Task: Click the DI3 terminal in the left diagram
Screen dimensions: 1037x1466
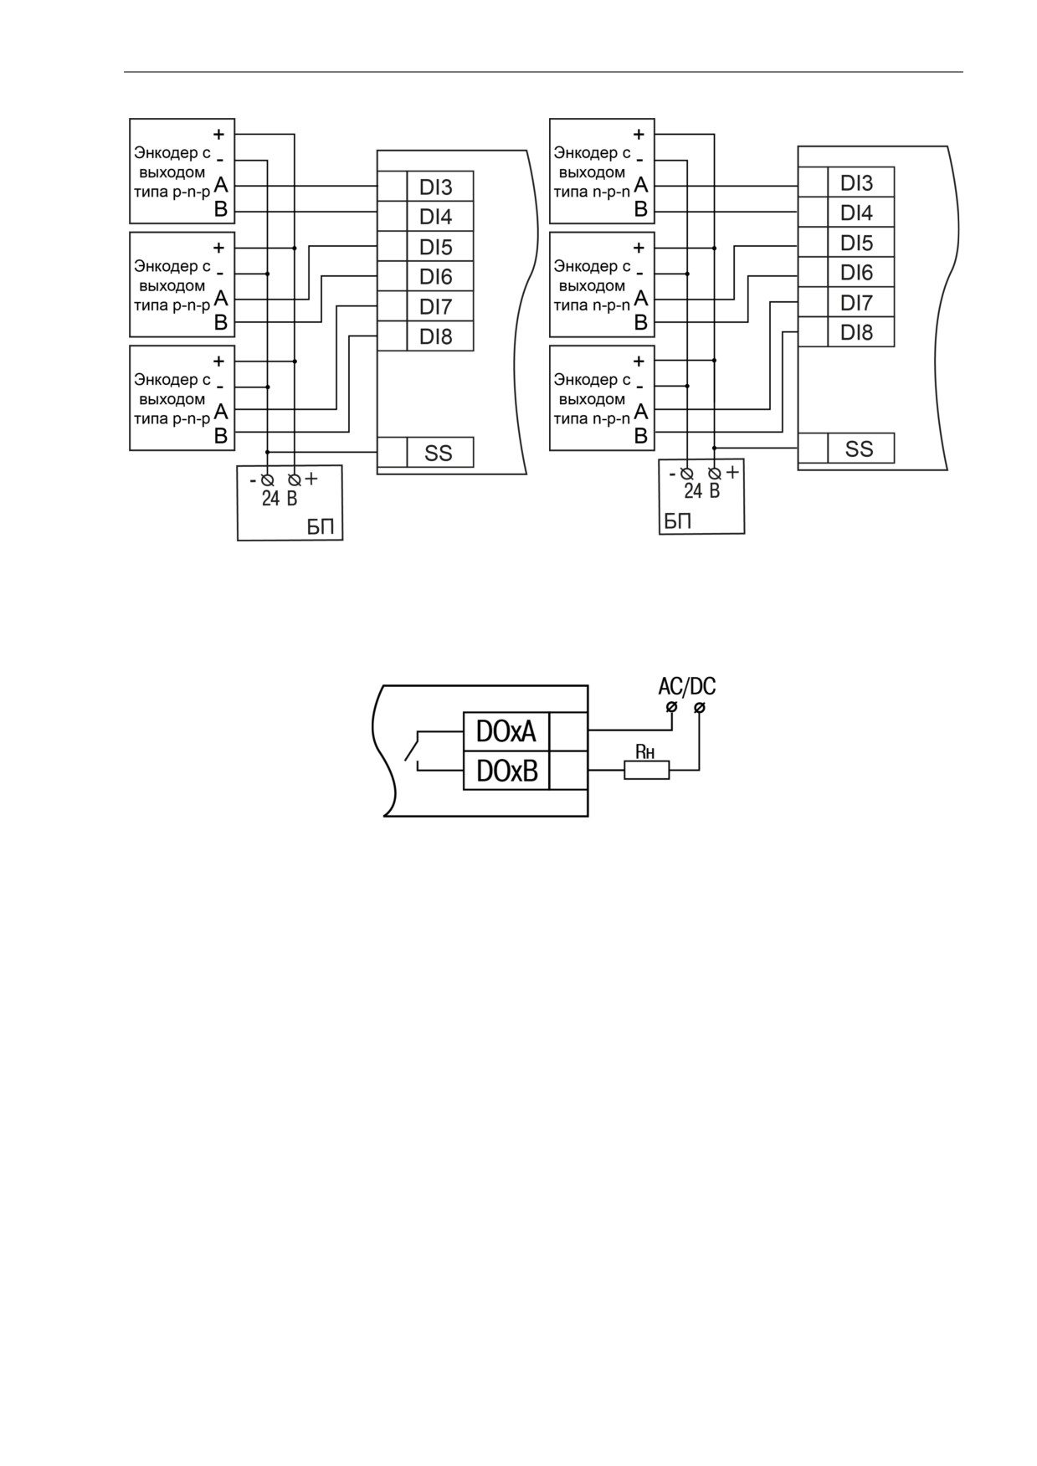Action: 440,187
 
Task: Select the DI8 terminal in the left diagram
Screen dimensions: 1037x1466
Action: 440,336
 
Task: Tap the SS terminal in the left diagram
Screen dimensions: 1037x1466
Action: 440,453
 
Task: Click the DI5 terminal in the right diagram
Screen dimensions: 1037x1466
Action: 861,243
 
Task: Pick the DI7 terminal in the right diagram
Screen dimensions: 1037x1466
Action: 861,302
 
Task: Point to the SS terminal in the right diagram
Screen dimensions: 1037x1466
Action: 861,449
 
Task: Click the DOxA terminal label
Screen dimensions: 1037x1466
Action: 506,732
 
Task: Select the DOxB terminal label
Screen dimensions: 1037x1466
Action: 506,771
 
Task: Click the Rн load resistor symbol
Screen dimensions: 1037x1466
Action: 647,770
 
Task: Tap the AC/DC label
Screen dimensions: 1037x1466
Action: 687,687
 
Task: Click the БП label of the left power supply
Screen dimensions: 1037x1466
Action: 321,527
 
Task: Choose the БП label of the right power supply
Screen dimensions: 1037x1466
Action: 678,521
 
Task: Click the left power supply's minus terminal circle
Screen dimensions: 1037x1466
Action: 268,480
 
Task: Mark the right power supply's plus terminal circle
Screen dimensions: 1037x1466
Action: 715,474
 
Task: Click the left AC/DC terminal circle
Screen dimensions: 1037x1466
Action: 671,709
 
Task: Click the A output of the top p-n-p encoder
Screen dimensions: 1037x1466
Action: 221,185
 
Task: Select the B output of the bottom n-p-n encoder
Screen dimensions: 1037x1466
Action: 641,435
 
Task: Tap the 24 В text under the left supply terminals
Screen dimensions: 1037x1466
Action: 280,499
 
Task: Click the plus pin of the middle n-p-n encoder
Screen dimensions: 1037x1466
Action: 639,248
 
